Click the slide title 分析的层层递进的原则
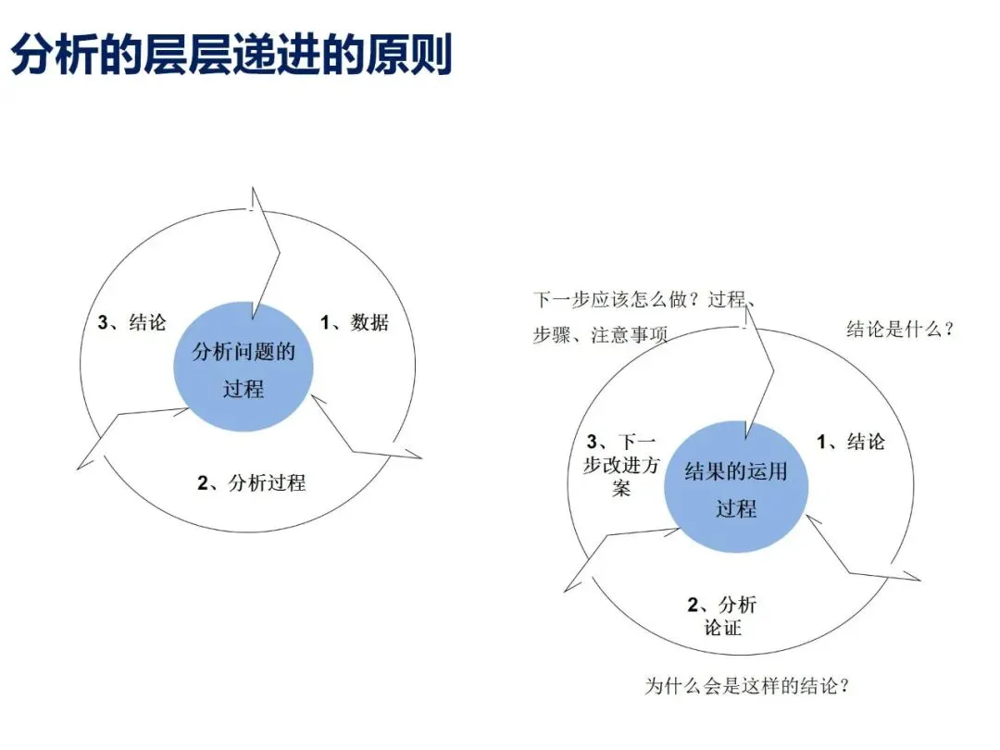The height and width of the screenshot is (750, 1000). coord(231,56)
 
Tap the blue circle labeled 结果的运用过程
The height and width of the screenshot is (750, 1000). coord(736,488)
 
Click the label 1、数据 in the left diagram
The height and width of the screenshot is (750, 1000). coord(355,322)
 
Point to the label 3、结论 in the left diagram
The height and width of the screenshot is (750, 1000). coord(132,322)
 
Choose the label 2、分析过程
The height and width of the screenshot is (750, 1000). coord(251,482)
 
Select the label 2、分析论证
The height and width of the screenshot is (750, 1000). coord(721,617)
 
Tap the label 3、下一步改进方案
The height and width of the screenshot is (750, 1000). coord(621,465)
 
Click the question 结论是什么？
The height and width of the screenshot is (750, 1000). coord(900,329)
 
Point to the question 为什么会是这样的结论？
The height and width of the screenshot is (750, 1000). coord(747,686)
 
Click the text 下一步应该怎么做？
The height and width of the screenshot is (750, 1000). coord(618,300)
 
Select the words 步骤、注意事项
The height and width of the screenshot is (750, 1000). coord(600,335)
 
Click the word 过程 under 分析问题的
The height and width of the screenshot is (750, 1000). coord(244,388)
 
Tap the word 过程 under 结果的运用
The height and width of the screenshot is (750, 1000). coord(736,508)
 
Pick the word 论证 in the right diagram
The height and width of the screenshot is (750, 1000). coord(722,629)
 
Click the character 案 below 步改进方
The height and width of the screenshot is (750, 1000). coord(621,488)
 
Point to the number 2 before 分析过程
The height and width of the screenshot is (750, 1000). coord(203,482)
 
